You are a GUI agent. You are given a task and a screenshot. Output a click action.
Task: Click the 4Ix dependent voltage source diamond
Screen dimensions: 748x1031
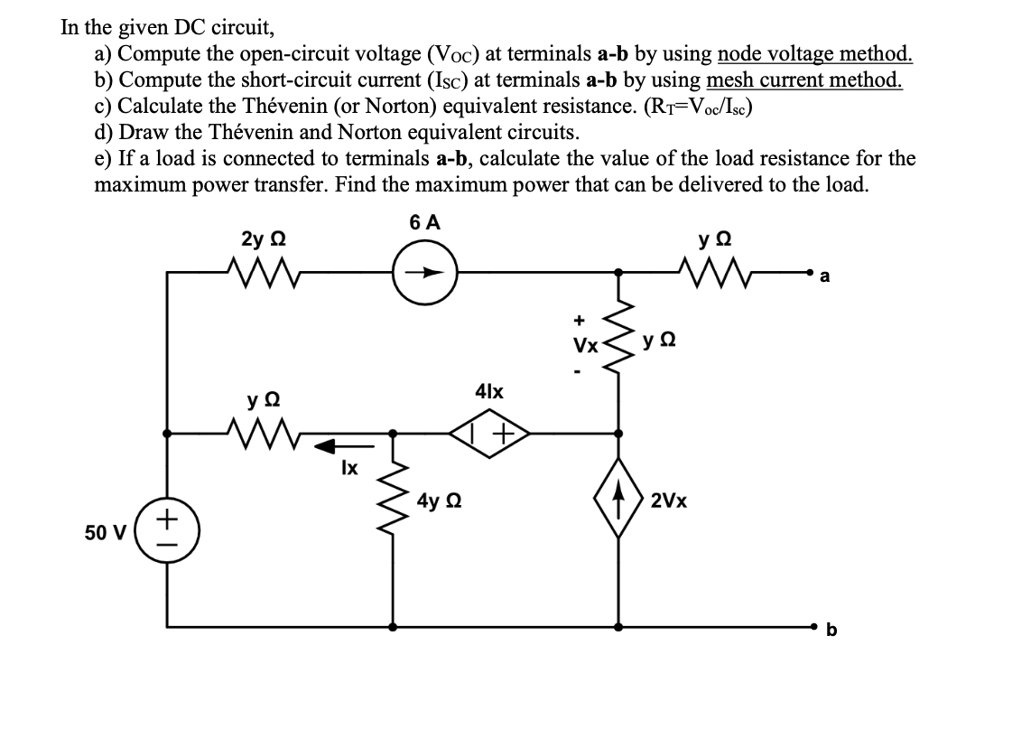(489, 435)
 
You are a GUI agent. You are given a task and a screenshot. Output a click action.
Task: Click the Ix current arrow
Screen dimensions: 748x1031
(343, 444)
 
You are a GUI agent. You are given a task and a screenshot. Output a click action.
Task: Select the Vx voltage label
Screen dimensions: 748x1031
(585, 345)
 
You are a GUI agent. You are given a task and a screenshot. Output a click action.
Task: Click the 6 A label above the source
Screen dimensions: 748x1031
(424, 223)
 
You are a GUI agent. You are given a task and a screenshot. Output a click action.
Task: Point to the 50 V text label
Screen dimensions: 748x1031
(104, 532)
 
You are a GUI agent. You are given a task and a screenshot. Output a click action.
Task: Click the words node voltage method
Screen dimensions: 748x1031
(814, 55)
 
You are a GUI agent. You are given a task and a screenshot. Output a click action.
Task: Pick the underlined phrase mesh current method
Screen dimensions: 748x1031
(803, 80)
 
